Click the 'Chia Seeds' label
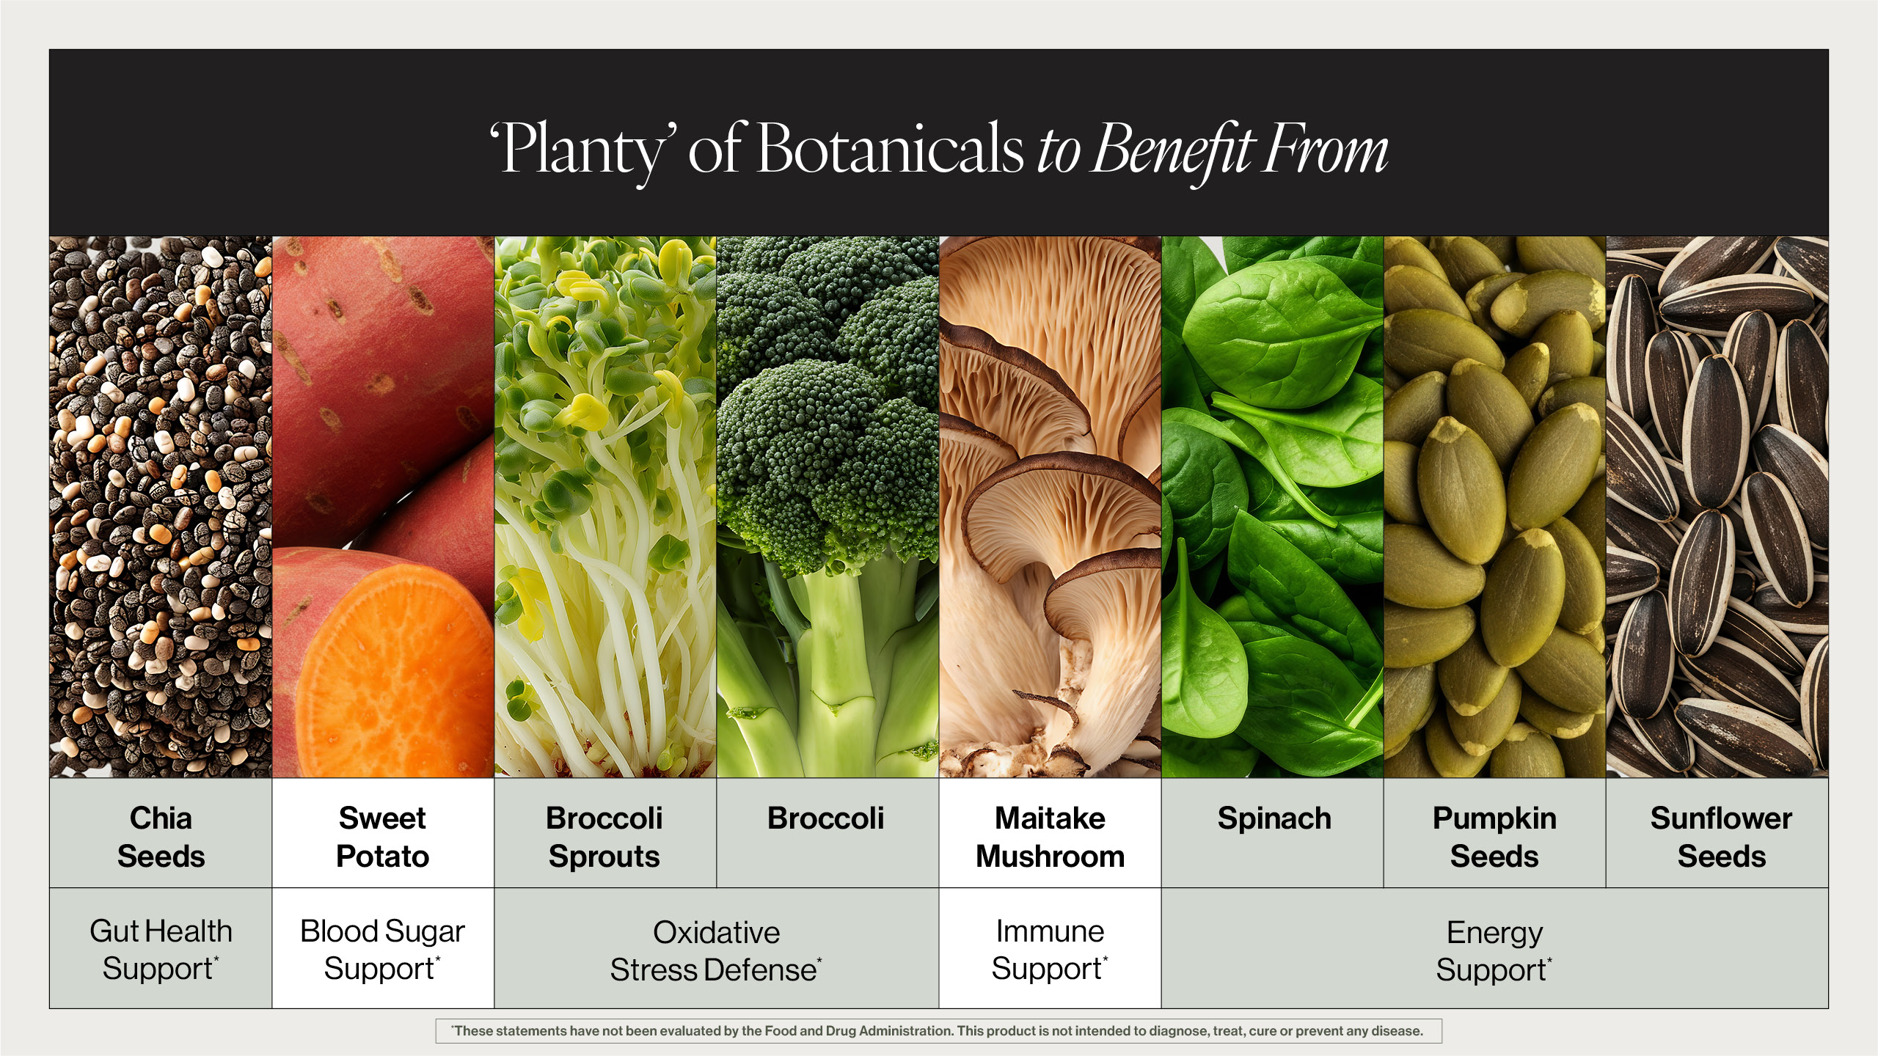(161, 837)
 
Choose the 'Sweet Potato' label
(382, 837)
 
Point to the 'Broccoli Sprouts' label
(604, 837)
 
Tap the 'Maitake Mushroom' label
(1050, 837)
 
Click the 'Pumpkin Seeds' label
(1494, 837)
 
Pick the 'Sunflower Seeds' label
(1721, 837)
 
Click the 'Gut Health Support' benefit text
(161, 950)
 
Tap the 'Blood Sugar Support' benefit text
(382, 950)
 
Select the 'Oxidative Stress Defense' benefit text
(716, 951)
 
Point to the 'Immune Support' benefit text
(1050, 950)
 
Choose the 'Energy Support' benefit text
(1494, 951)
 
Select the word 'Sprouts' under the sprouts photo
(604, 857)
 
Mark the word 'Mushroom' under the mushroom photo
(1050, 856)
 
